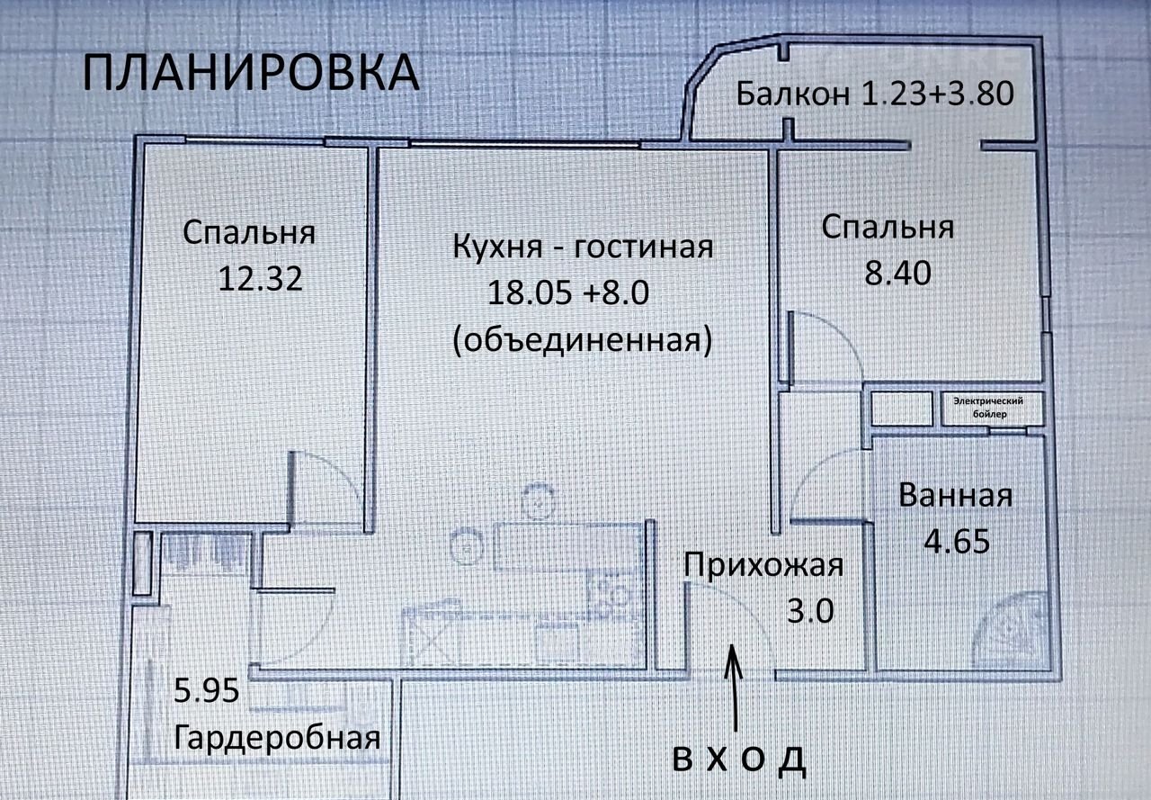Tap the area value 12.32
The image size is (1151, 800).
point(260,279)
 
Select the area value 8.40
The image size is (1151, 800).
point(897,273)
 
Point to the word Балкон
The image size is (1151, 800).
point(793,94)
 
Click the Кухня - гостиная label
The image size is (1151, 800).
point(583,247)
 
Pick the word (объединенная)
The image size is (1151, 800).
point(583,340)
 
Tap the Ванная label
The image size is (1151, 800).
point(955,496)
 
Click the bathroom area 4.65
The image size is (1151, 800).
point(956,542)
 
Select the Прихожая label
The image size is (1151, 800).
point(763,565)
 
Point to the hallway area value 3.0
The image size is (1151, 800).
point(810,611)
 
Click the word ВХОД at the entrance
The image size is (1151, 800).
point(739,760)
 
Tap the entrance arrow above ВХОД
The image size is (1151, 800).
point(734,688)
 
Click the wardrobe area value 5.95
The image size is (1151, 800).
point(207,690)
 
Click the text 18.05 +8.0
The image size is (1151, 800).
point(567,293)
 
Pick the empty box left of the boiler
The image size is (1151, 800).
point(902,409)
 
